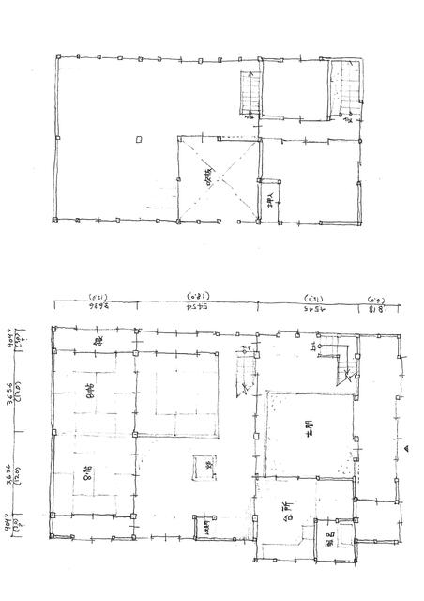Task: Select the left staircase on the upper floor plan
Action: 250,93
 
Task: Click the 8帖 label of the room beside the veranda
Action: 90,399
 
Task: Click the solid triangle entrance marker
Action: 405,450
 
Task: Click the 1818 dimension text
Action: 375,306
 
